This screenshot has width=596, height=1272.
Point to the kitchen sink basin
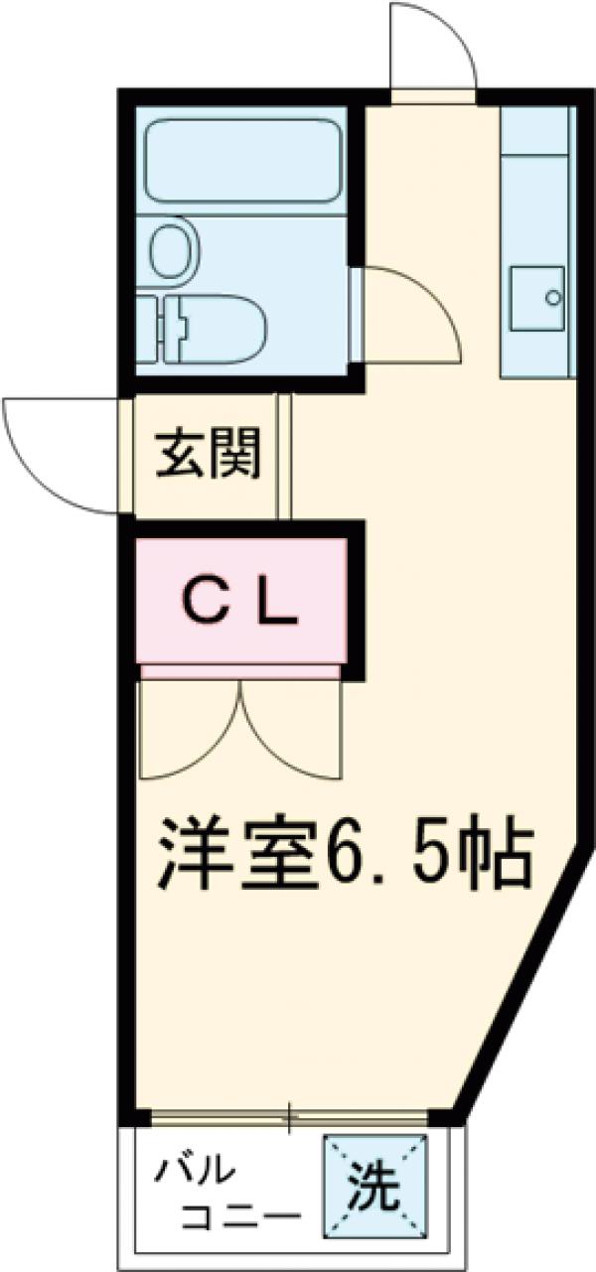coord(536,297)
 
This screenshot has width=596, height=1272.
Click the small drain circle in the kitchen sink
coord(554,296)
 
